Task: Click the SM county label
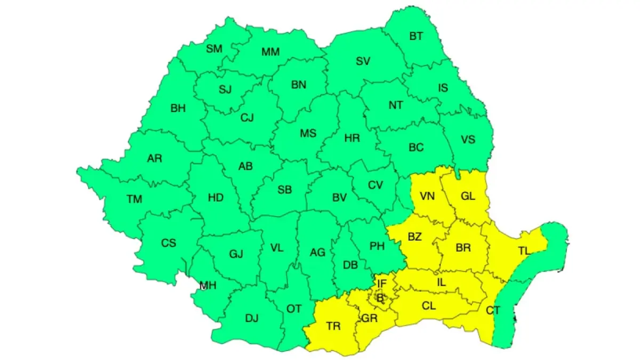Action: click(x=214, y=49)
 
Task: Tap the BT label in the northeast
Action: click(x=416, y=36)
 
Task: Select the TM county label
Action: click(x=134, y=199)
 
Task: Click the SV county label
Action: click(x=363, y=61)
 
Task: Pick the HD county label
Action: click(x=215, y=198)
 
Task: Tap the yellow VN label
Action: click(x=427, y=196)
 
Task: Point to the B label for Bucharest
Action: click(x=380, y=299)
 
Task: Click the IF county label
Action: click(x=382, y=283)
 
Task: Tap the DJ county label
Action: click(x=252, y=318)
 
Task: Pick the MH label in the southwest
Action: click(x=208, y=286)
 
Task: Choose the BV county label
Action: click(x=339, y=197)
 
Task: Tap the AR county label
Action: click(x=155, y=158)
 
